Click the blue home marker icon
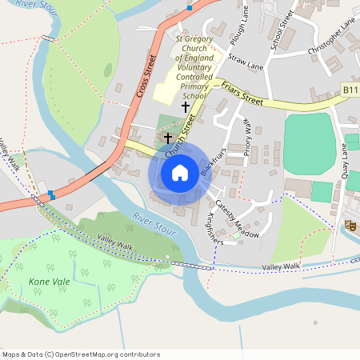[x=180, y=172]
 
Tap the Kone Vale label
[x=45, y=282]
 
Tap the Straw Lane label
[x=245, y=61]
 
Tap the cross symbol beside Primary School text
[x=186, y=106]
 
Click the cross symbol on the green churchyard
[x=168, y=138]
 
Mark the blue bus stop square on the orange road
[x=51, y=194]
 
